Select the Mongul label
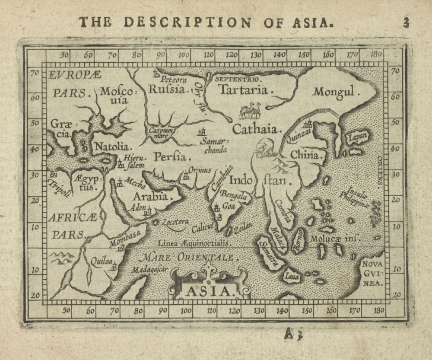[x=337, y=92]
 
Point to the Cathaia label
[x=257, y=128]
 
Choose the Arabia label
[x=153, y=196]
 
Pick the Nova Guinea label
[x=373, y=274]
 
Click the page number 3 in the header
[x=406, y=22]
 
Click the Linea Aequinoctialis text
[x=195, y=243]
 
